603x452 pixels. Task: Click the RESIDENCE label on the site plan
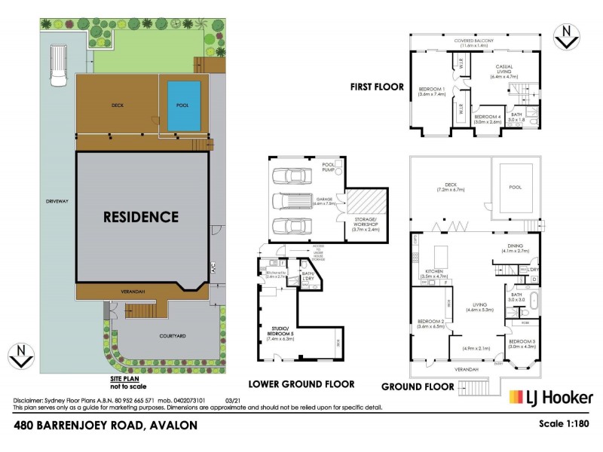(x=141, y=217)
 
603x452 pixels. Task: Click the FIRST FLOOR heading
(x=376, y=87)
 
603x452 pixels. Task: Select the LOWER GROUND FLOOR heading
(x=301, y=383)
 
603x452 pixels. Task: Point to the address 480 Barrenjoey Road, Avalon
(x=106, y=426)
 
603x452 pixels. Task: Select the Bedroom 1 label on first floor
(x=432, y=92)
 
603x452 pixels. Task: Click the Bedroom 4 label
(x=488, y=118)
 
